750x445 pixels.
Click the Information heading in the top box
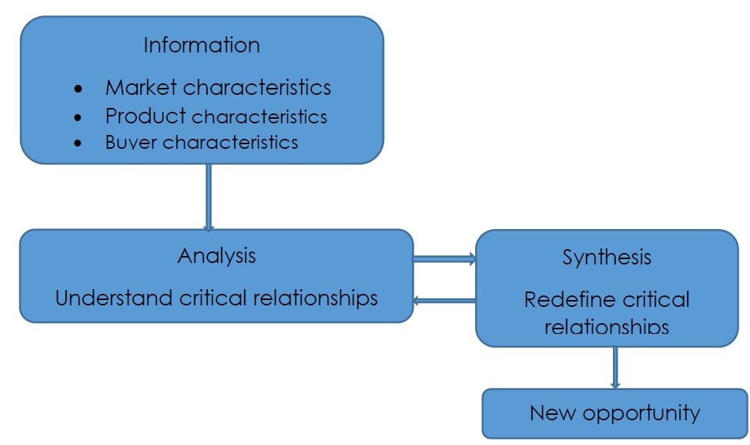(x=201, y=46)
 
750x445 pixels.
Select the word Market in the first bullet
(x=141, y=87)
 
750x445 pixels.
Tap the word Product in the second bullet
(x=146, y=116)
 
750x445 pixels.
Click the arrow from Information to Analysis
(x=208, y=197)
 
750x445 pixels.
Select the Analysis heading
(x=216, y=255)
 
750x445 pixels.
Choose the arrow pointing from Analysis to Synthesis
(x=445, y=259)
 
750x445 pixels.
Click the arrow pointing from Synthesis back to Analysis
(x=445, y=300)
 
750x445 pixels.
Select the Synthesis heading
(x=606, y=258)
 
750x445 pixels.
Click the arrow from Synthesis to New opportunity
(x=614, y=367)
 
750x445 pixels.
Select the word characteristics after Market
(x=256, y=87)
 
